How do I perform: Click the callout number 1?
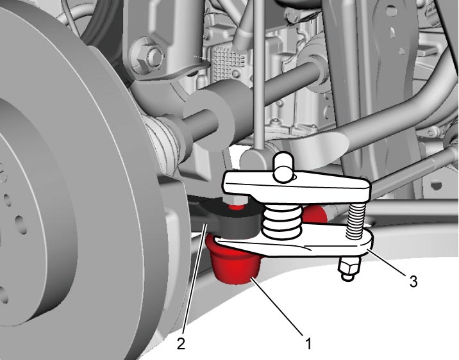tap(308, 343)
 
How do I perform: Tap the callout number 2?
tap(181, 343)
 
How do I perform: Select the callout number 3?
tap(413, 281)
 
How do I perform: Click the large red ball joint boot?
tap(234, 260)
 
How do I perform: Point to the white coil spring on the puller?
tap(282, 220)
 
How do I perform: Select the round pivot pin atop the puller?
tap(283, 166)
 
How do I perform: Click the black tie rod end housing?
tap(234, 221)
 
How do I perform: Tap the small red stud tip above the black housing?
tap(236, 208)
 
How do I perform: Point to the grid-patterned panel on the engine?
tap(229, 61)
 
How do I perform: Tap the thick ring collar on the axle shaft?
tap(209, 115)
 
